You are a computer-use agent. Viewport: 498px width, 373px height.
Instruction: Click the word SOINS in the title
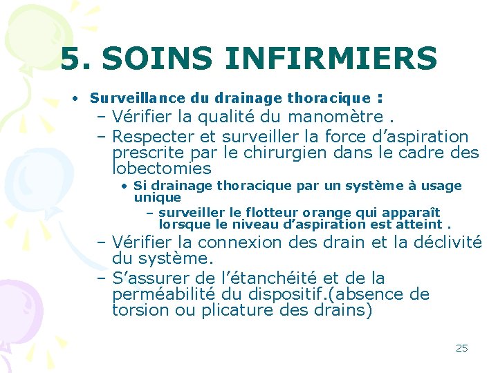(143, 59)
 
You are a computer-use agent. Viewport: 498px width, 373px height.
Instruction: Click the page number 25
(461, 348)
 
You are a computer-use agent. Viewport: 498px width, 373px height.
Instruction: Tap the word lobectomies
(161, 169)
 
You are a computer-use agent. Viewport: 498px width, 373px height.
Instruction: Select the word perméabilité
(156, 295)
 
